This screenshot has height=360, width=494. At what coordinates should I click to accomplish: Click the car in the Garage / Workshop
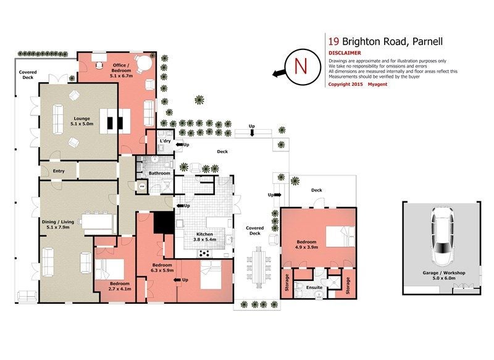(443, 236)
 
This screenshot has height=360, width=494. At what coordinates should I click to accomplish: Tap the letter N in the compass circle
(301, 66)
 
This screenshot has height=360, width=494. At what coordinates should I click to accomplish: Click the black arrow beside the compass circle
(279, 74)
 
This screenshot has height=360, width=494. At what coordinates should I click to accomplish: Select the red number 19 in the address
(333, 41)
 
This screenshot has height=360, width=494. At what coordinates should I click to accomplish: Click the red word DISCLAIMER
(345, 53)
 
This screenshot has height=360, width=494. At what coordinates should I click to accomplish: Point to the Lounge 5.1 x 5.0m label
(82, 121)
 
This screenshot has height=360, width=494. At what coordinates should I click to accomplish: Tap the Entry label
(59, 170)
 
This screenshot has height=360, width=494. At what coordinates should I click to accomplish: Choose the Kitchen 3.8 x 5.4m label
(205, 237)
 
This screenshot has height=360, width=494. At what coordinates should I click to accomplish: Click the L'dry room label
(165, 141)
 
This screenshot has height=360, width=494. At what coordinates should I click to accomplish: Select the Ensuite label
(314, 288)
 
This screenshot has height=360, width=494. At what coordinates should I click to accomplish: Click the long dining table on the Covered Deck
(259, 267)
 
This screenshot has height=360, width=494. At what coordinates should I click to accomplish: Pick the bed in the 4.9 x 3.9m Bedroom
(340, 237)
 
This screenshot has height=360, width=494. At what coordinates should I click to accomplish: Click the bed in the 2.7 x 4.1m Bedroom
(110, 269)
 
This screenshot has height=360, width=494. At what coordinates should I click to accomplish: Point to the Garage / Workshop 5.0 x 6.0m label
(444, 275)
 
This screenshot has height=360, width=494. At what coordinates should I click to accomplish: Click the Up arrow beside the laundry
(180, 144)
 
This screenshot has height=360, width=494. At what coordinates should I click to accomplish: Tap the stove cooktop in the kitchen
(205, 253)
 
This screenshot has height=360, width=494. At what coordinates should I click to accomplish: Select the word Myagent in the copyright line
(377, 85)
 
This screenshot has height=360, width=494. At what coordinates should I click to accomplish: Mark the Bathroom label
(159, 174)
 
